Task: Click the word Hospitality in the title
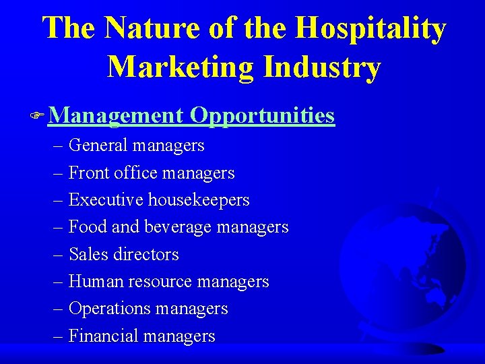(370, 28)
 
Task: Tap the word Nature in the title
(142, 28)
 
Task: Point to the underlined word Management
(115, 115)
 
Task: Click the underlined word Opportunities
(262, 115)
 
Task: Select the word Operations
(110, 309)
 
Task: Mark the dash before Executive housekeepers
(59, 201)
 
